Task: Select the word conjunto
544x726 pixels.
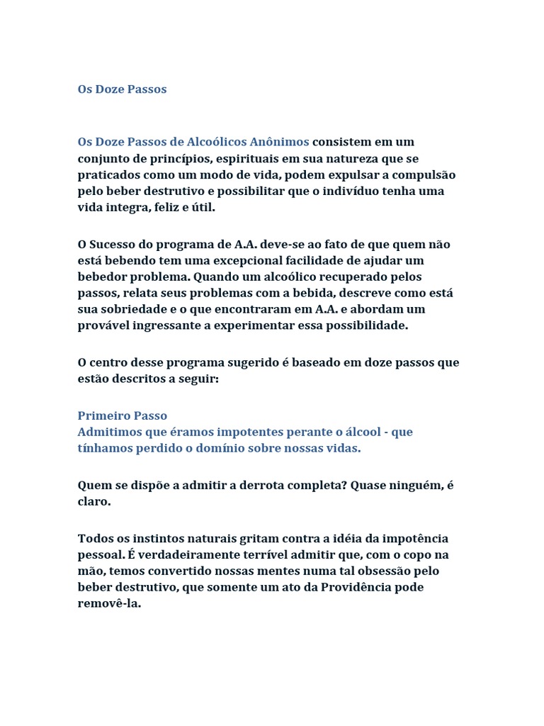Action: pyautogui.click(x=102, y=159)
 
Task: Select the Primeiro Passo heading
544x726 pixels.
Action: pyautogui.click(x=122, y=416)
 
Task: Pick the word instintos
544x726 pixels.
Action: pyautogui.click(x=157, y=539)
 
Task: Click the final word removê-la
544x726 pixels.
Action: pyautogui.click(x=109, y=604)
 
